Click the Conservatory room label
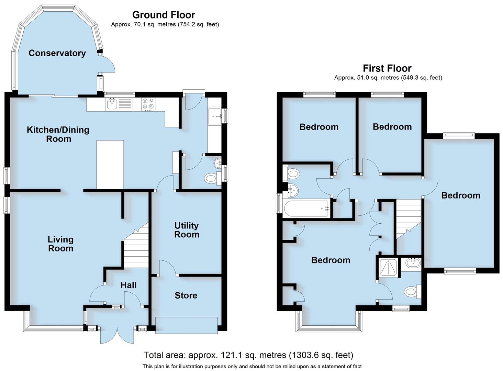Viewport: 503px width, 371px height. point(57,53)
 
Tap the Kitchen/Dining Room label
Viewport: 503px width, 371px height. point(58,134)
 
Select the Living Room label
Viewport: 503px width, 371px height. point(60,244)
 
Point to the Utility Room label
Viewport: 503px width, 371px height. point(187,230)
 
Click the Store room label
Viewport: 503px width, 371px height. point(186,295)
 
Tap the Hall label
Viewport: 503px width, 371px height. point(128,285)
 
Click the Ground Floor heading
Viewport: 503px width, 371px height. point(164,15)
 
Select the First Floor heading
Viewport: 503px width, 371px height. point(387,68)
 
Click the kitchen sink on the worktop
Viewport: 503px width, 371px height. point(112,104)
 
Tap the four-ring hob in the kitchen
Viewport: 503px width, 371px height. point(148,104)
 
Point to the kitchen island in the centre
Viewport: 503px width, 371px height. point(110,165)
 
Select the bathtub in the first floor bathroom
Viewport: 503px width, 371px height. point(306,208)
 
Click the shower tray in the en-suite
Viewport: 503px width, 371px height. point(389,267)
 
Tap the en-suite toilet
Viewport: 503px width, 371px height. point(412,292)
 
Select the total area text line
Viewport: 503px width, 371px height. point(248,355)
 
